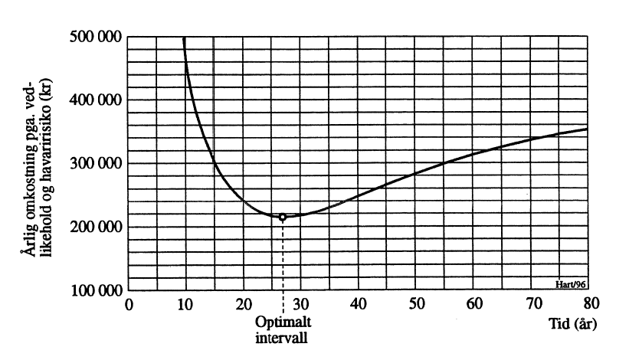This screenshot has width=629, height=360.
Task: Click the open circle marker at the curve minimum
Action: pos(283,217)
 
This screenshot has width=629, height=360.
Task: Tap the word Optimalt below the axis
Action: pos(284,320)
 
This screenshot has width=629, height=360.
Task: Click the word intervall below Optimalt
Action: pos(283,335)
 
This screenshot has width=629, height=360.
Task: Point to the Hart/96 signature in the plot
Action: pos(571,284)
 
